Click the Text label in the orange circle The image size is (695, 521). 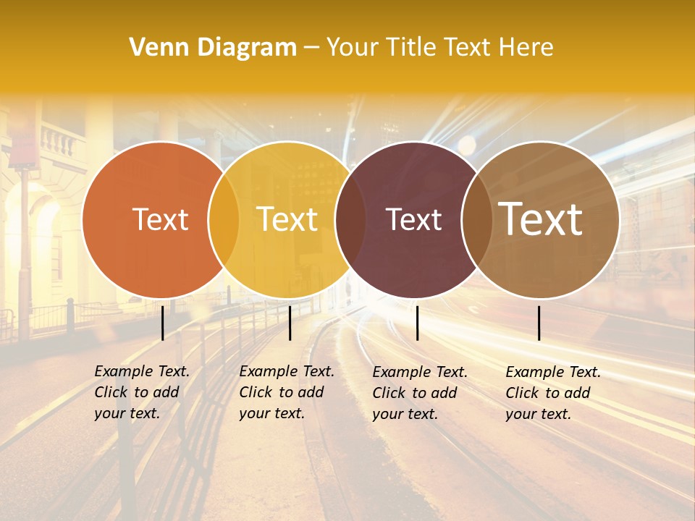[x=160, y=219]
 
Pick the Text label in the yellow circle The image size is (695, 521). [x=287, y=219]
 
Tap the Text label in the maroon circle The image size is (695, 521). [x=413, y=219]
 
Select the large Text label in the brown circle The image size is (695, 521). [x=540, y=219]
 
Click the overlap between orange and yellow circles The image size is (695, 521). [x=224, y=219]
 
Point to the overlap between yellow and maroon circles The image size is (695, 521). [x=350, y=219]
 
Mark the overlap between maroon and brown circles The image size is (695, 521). [x=476, y=219]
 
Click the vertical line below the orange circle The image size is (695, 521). [x=163, y=323]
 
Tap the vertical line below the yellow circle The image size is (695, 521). [x=290, y=323]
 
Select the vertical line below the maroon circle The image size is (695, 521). [x=417, y=323]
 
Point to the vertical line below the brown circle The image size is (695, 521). [x=539, y=323]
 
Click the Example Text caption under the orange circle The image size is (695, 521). [x=141, y=392]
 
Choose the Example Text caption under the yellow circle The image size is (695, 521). [x=286, y=392]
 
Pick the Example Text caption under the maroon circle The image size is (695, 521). [x=419, y=393]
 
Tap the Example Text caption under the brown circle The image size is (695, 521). [x=552, y=393]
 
